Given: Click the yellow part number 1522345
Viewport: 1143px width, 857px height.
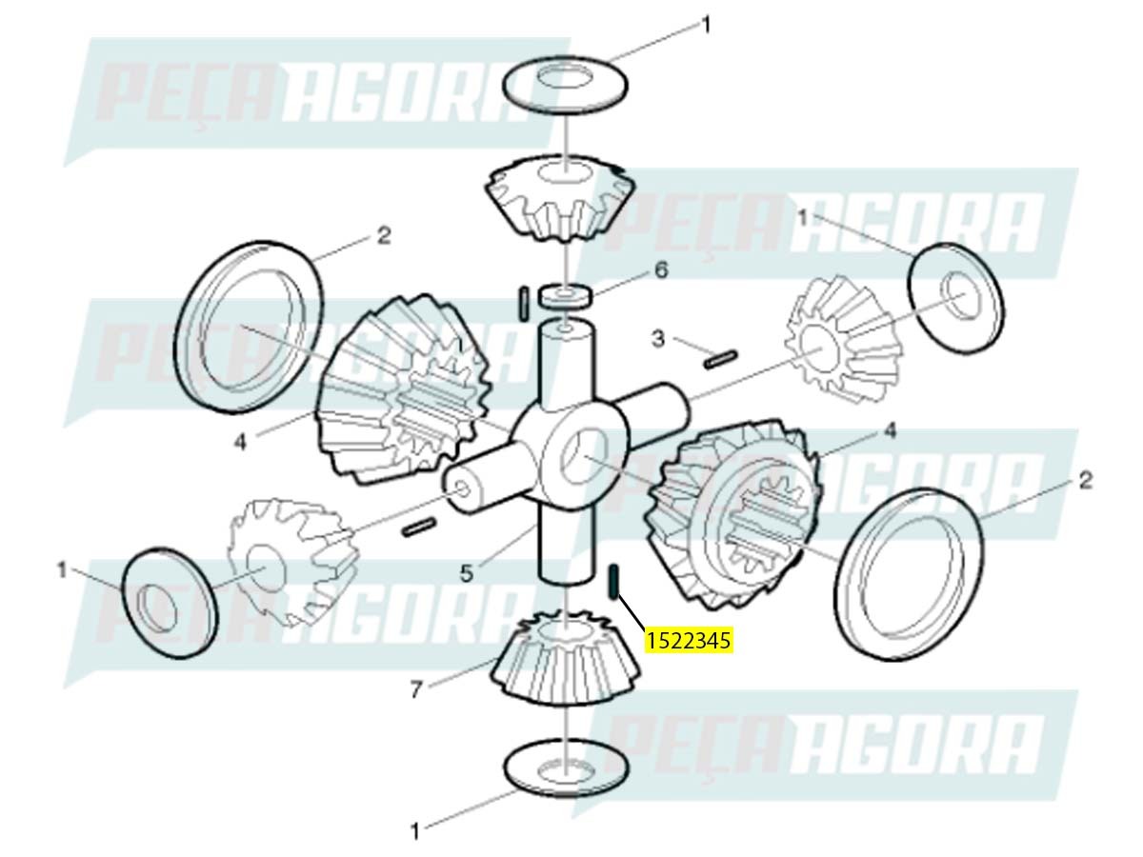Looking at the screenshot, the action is click(688, 641).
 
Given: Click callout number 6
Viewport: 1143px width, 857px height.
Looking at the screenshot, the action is click(660, 270).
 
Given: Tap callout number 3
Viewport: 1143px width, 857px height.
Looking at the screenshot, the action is click(658, 339).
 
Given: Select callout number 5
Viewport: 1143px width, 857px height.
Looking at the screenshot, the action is click(467, 574).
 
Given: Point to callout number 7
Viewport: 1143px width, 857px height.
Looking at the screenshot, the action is click(415, 690).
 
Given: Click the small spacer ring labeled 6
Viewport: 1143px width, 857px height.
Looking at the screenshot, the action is click(566, 295).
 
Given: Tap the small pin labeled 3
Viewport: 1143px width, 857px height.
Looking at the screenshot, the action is click(721, 359).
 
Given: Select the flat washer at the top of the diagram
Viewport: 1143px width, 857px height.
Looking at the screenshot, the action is click(566, 85).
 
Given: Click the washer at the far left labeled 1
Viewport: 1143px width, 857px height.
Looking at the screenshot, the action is click(170, 602).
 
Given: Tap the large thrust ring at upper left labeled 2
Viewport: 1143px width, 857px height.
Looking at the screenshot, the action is click(250, 327).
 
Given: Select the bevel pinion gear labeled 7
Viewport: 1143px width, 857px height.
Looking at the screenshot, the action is click(565, 658).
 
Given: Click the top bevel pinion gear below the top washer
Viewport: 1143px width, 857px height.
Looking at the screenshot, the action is click(561, 198).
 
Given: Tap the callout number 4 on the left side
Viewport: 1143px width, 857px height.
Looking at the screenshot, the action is click(240, 443).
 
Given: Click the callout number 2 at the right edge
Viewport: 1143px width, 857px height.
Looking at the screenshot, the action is click(1085, 481).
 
